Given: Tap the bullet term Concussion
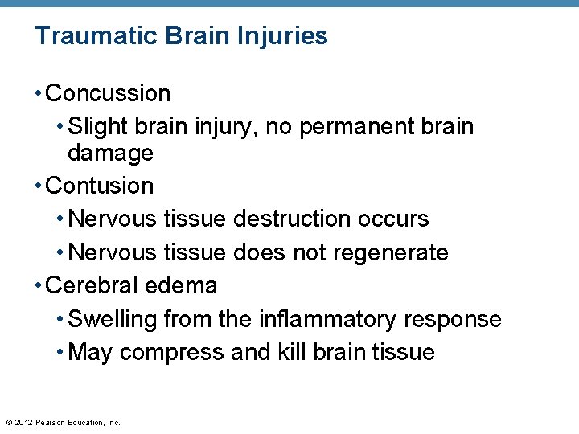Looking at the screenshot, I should pyautogui.click(x=109, y=94).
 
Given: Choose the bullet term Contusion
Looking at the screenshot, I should pyautogui.click(x=100, y=186).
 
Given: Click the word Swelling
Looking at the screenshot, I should pyautogui.click(x=113, y=320).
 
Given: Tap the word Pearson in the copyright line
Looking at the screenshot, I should pyautogui.click(x=52, y=422).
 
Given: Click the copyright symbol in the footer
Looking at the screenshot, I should pyautogui.click(x=8, y=422).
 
